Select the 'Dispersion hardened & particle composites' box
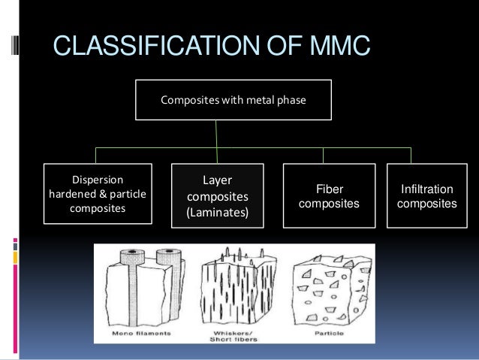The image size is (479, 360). tap(98, 194)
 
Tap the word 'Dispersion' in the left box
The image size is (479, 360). tap(98, 180)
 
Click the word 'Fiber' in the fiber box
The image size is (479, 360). tap(329, 190)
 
